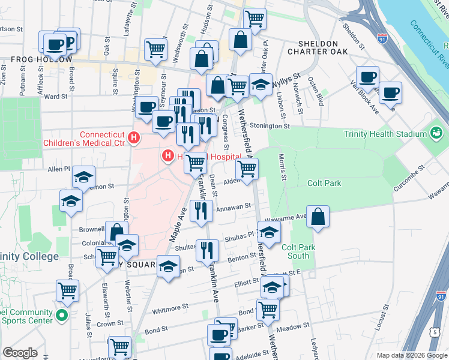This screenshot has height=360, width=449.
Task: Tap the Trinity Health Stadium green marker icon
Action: [436, 132]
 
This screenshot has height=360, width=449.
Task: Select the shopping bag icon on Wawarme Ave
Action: [318, 217]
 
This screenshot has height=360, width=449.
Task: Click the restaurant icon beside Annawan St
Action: [200, 211]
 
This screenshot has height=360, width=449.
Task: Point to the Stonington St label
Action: [270, 127]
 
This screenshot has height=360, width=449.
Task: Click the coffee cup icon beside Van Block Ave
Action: [367, 77]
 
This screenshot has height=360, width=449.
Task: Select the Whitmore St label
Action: [170, 308]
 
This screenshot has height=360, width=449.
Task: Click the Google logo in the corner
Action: [20, 353]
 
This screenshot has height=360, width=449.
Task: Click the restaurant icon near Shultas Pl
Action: [208, 250]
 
